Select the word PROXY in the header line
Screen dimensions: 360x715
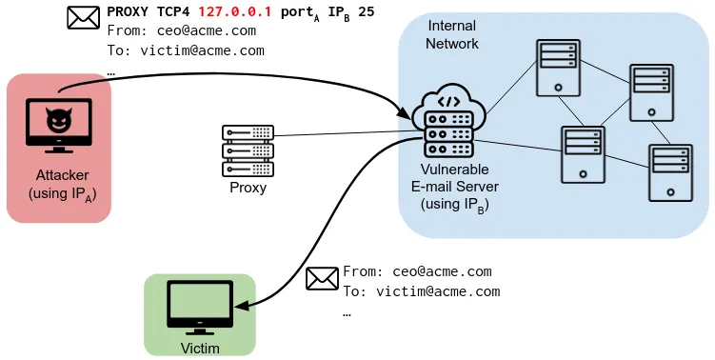pos(127,13)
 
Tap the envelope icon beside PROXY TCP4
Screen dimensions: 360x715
pos(84,17)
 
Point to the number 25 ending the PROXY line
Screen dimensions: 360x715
pos(366,13)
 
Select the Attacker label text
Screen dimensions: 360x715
pos(62,175)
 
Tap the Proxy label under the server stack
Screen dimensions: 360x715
pos(248,188)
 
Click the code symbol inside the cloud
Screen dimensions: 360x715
pos(449,100)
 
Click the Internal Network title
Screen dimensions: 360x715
pos(452,34)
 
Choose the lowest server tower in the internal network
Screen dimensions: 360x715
pos(671,172)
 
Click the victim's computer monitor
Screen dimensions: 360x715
pos(199,305)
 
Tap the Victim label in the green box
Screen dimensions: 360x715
pos(200,348)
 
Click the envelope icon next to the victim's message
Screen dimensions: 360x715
pos(323,278)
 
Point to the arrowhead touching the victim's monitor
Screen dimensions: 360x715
pos(239,307)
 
